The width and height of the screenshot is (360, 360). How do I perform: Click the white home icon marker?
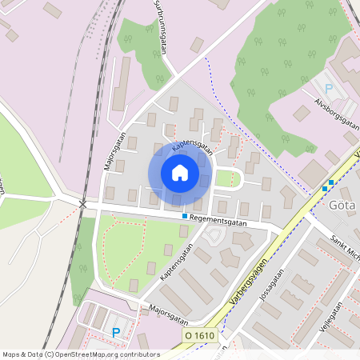(x=180, y=173)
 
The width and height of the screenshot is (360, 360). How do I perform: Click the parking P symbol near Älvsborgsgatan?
(x=327, y=89)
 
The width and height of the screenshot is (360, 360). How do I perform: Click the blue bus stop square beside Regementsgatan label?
(x=184, y=216)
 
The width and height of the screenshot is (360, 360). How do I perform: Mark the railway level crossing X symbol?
(x=83, y=204)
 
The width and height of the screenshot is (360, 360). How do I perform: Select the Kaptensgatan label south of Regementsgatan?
(x=177, y=262)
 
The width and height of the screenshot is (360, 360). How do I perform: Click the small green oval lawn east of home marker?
(x=226, y=178)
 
